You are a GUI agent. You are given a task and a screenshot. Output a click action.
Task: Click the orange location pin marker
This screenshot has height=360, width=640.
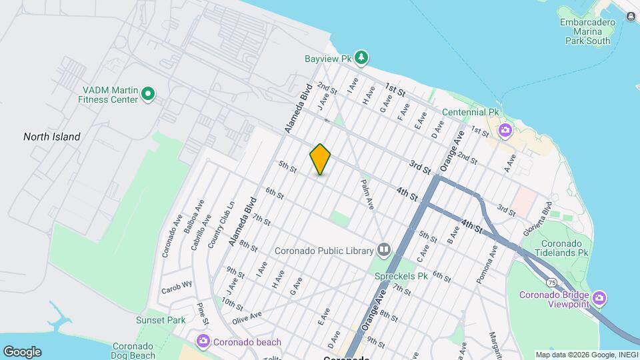click(x=320, y=159)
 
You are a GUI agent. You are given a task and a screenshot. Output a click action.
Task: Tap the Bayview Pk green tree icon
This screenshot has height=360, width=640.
click(x=361, y=57)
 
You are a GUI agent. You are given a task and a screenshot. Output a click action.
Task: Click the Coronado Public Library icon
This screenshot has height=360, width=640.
click(x=383, y=251)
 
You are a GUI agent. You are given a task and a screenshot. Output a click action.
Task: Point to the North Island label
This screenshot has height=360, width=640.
click(x=51, y=137)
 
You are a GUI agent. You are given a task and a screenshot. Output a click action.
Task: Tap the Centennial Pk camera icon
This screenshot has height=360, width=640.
click(x=505, y=129)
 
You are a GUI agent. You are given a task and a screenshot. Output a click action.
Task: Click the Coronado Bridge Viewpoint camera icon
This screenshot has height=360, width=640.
click(x=599, y=297)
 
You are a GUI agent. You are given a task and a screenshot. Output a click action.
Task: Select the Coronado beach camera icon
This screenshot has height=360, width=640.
click(x=203, y=341)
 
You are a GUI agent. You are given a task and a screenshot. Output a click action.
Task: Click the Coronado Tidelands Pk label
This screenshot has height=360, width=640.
click(x=564, y=248)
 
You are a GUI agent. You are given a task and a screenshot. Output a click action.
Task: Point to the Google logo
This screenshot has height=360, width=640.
click(x=22, y=352)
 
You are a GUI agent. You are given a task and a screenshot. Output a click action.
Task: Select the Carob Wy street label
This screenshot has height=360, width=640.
click(x=176, y=291)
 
